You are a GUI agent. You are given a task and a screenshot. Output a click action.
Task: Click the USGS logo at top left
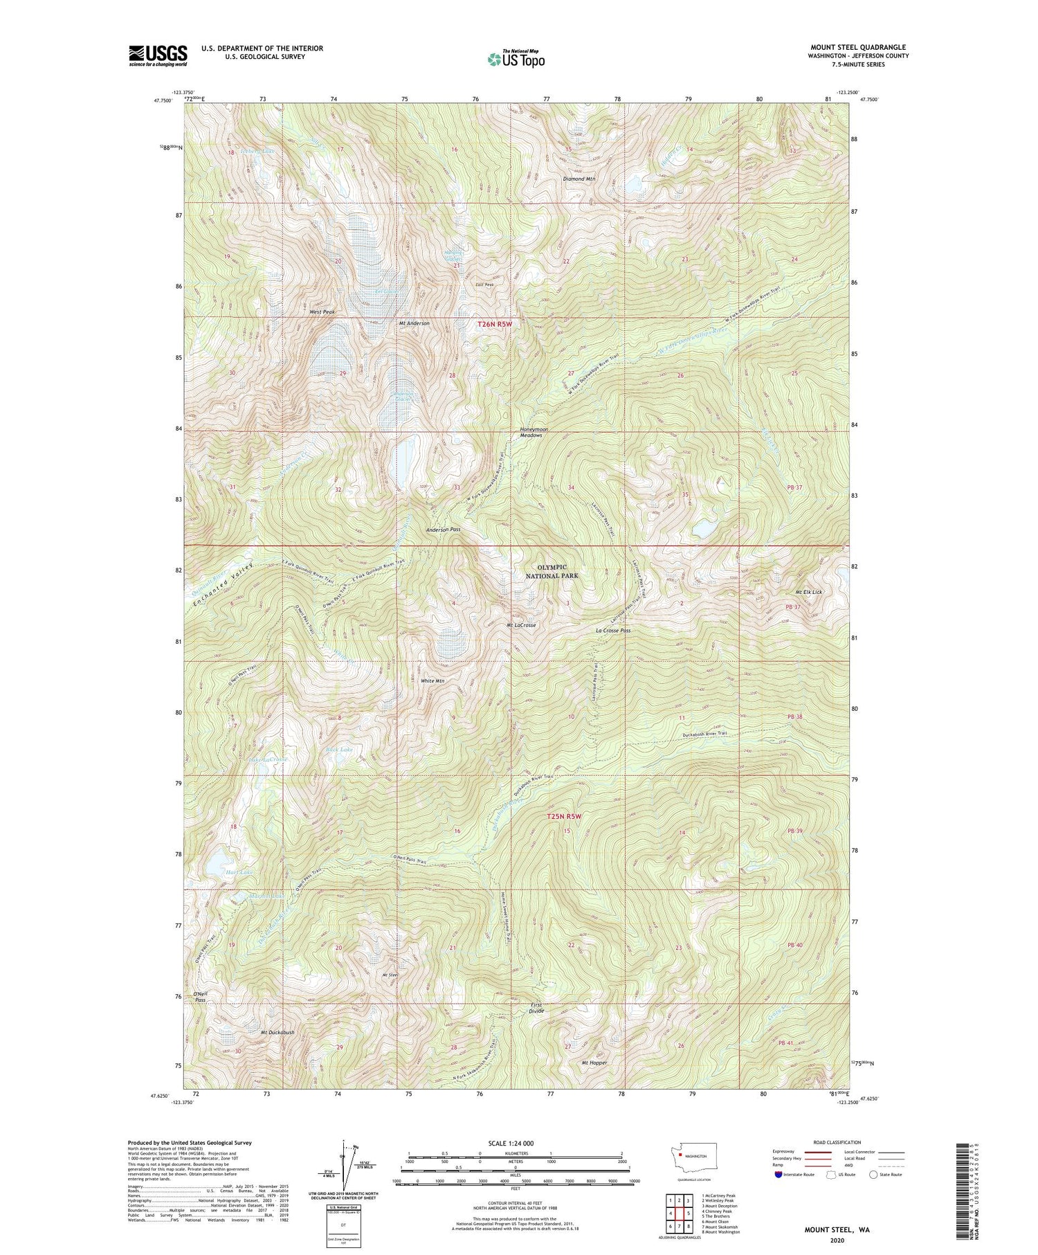pyautogui.click(x=158, y=55)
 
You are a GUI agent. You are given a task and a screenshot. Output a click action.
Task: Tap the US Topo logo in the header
pyautogui.click(x=516, y=60)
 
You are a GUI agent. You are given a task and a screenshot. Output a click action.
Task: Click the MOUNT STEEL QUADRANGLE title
pyautogui.click(x=858, y=47)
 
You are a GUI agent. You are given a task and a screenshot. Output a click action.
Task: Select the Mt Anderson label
pyautogui.click(x=415, y=323)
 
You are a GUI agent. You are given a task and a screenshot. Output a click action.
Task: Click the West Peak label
pyautogui.click(x=322, y=312)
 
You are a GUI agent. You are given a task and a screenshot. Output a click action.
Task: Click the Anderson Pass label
pyautogui.click(x=443, y=529)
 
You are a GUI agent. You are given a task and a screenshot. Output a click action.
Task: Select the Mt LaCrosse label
pyautogui.click(x=521, y=625)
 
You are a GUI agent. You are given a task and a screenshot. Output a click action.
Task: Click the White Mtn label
pyautogui.click(x=432, y=680)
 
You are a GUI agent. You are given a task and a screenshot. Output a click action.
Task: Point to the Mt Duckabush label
pyautogui.click(x=277, y=1032)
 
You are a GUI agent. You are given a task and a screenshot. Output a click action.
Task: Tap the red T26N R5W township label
pyautogui.click(x=495, y=324)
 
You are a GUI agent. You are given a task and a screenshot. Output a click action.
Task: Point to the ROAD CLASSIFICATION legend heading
pyautogui.click(x=837, y=1142)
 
